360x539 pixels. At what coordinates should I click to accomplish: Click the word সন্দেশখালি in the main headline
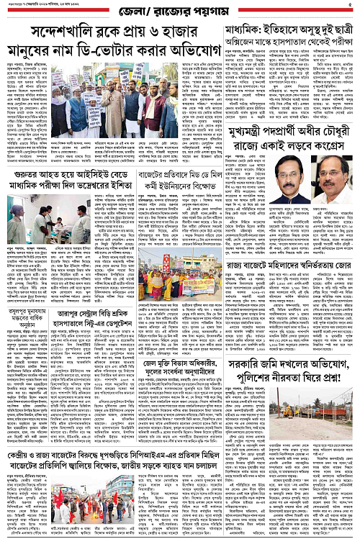point(55,35)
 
